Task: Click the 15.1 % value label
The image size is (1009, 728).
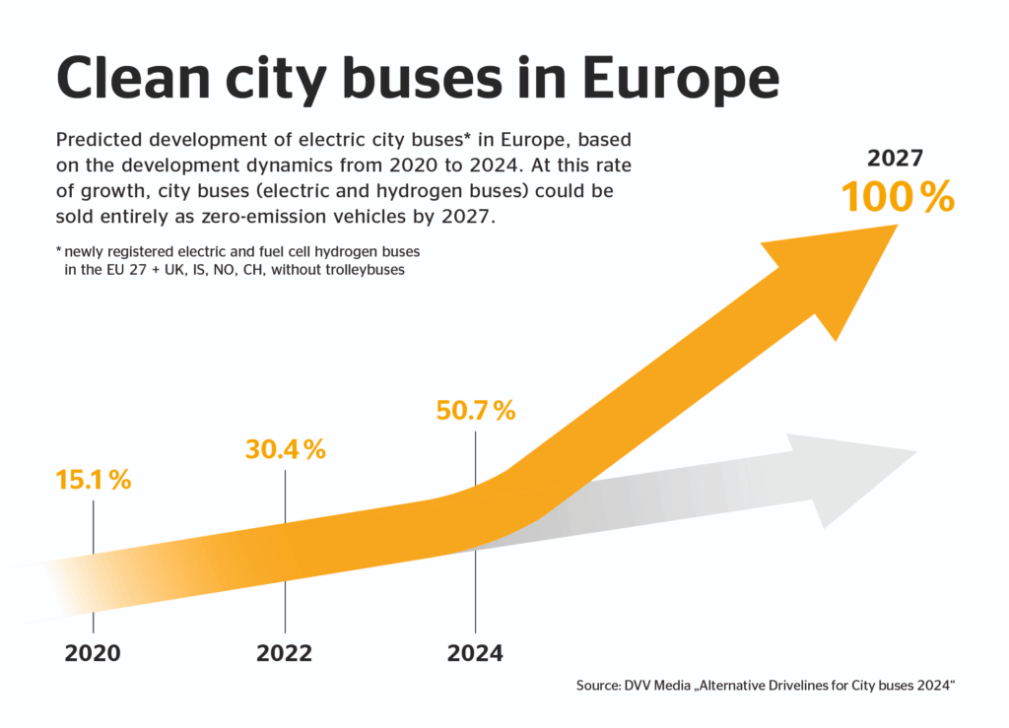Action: click(94, 481)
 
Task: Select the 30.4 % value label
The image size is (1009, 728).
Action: click(285, 449)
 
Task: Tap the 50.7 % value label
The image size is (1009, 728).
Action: click(476, 410)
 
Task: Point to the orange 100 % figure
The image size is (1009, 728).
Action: click(898, 197)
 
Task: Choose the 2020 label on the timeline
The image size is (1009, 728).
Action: click(93, 653)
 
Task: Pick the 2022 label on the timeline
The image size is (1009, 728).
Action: click(284, 653)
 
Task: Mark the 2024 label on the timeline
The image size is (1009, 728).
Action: click(475, 653)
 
